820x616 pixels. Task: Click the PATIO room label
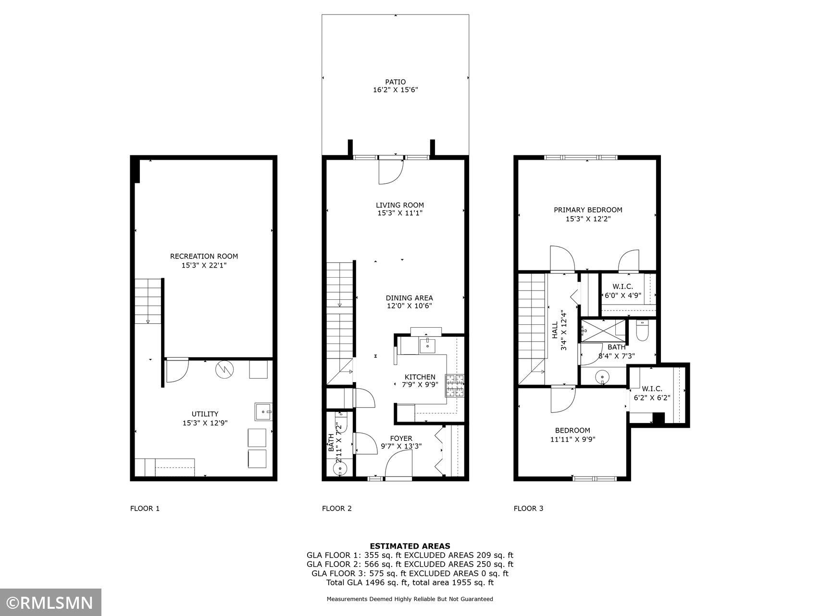tap(395, 82)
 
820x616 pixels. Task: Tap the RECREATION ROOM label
tap(204, 257)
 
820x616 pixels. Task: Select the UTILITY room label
tap(205, 414)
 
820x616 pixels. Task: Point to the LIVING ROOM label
tap(400, 205)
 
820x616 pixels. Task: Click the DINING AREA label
tap(409, 298)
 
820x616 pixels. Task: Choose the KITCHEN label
tap(420, 377)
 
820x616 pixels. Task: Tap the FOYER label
tap(401, 438)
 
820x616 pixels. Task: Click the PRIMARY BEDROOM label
tap(588, 210)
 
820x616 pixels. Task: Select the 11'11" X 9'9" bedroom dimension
tap(572, 439)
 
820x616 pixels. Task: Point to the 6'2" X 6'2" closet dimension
tap(652, 398)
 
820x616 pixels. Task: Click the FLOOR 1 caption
tap(145, 508)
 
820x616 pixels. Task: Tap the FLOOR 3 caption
tap(528, 508)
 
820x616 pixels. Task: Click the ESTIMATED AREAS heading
tap(410, 546)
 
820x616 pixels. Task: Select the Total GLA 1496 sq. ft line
tap(410, 582)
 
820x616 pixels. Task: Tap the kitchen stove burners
tap(455, 385)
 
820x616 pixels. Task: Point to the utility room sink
tap(263, 411)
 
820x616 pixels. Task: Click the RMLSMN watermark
tap(50, 603)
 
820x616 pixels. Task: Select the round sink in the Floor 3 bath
tap(602, 376)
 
